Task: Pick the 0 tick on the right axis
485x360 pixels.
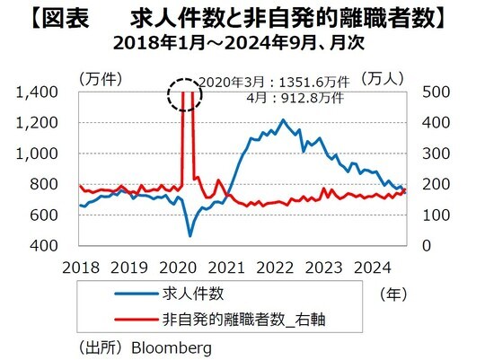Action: tap(426, 245)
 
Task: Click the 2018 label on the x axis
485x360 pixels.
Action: tap(80, 267)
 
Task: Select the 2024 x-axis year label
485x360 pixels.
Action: tap(373, 267)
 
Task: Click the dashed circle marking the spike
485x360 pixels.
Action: tap(189, 92)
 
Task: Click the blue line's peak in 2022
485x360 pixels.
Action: tap(283, 119)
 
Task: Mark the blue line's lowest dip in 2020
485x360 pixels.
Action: tap(190, 236)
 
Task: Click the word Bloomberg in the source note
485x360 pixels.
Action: tap(170, 345)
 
